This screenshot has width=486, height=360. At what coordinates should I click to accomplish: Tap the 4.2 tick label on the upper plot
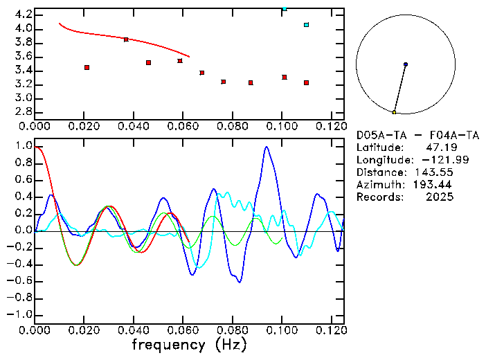[x=23, y=14]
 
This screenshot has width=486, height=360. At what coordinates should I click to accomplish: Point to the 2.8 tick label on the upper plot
[x=23, y=111]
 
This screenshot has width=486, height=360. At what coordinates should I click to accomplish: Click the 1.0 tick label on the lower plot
[x=23, y=147]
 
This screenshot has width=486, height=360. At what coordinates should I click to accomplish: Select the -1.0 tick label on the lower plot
[x=20, y=314]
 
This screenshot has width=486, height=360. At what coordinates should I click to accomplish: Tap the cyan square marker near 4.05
[x=306, y=25]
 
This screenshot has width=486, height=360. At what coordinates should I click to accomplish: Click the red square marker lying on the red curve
[x=126, y=39]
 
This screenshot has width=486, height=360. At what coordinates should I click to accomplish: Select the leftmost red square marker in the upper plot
[x=87, y=67]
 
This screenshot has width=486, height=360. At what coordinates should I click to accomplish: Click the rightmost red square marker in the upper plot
[x=306, y=82]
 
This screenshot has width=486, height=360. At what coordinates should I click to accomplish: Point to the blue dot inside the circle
[x=406, y=64]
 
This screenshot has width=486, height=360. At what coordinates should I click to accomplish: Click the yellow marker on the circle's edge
[x=394, y=112]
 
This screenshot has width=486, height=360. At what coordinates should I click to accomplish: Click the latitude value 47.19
[x=440, y=147]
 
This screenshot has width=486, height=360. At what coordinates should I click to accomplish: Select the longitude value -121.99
[x=433, y=160]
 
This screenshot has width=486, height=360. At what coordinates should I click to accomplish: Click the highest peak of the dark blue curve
[x=267, y=147]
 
